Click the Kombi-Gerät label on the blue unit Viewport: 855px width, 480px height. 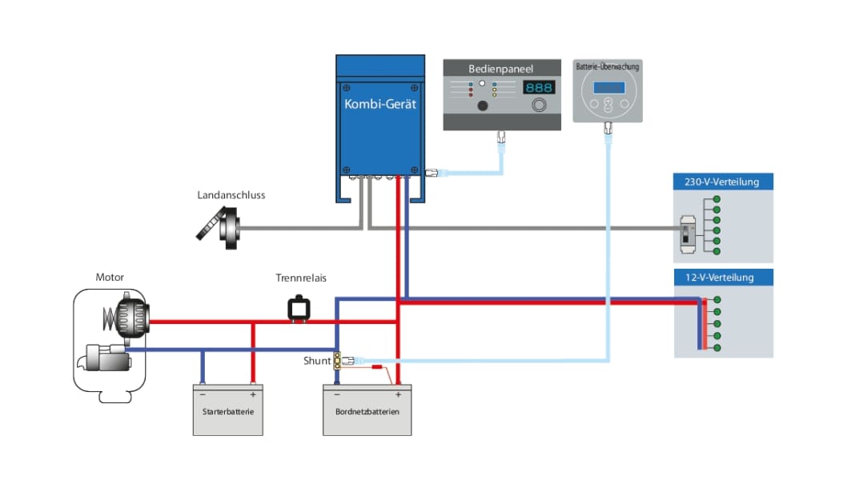click(x=379, y=104)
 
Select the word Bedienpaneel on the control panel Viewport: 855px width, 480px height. click(x=500, y=70)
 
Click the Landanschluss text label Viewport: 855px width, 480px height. click(x=231, y=194)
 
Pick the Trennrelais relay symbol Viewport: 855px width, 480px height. click(x=300, y=308)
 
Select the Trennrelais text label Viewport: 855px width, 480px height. click(x=301, y=278)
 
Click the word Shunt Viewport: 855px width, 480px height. click(x=317, y=361)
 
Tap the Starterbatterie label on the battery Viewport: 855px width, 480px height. click(x=228, y=411)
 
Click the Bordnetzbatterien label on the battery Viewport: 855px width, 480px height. click(x=367, y=411)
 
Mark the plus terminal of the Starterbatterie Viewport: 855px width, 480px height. click(x=253, y=394)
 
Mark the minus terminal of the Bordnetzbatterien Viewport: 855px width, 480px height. click(x=337, y=394)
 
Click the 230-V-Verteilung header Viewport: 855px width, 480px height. click(x=721, y=182)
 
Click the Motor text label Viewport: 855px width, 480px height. click(x=110, y=278)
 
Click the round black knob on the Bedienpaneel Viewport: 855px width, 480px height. click(x=483, y=106)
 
